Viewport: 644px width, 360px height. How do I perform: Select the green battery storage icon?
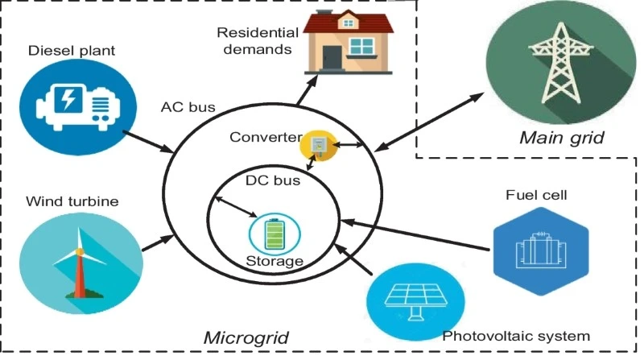point(275,234)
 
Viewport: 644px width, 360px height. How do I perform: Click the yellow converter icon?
point(319,146)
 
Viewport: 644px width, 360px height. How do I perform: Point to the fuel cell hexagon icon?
point(541,251)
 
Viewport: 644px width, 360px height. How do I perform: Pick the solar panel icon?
point(415,302)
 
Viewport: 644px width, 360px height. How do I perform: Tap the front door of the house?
point(332,57)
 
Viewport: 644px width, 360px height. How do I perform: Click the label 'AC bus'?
point(188,107)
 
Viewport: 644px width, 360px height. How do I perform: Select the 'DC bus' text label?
point(273,180)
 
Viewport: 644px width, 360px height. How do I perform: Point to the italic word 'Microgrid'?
point(246,337)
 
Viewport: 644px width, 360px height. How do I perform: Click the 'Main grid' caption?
point(562,138)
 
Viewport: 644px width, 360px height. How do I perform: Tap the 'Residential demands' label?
point(258,41)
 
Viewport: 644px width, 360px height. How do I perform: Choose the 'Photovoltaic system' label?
point(516,336)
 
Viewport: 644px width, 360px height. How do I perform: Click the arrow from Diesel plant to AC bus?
point(148,142)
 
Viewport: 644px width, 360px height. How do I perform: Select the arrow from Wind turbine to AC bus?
point(158,243)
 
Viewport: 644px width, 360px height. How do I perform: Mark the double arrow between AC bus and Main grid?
point(429,122)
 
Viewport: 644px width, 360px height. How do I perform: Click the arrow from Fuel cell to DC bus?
point(415,234)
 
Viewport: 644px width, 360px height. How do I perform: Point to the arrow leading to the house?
point(307,90)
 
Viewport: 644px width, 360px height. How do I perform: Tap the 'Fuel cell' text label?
point(536,195)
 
